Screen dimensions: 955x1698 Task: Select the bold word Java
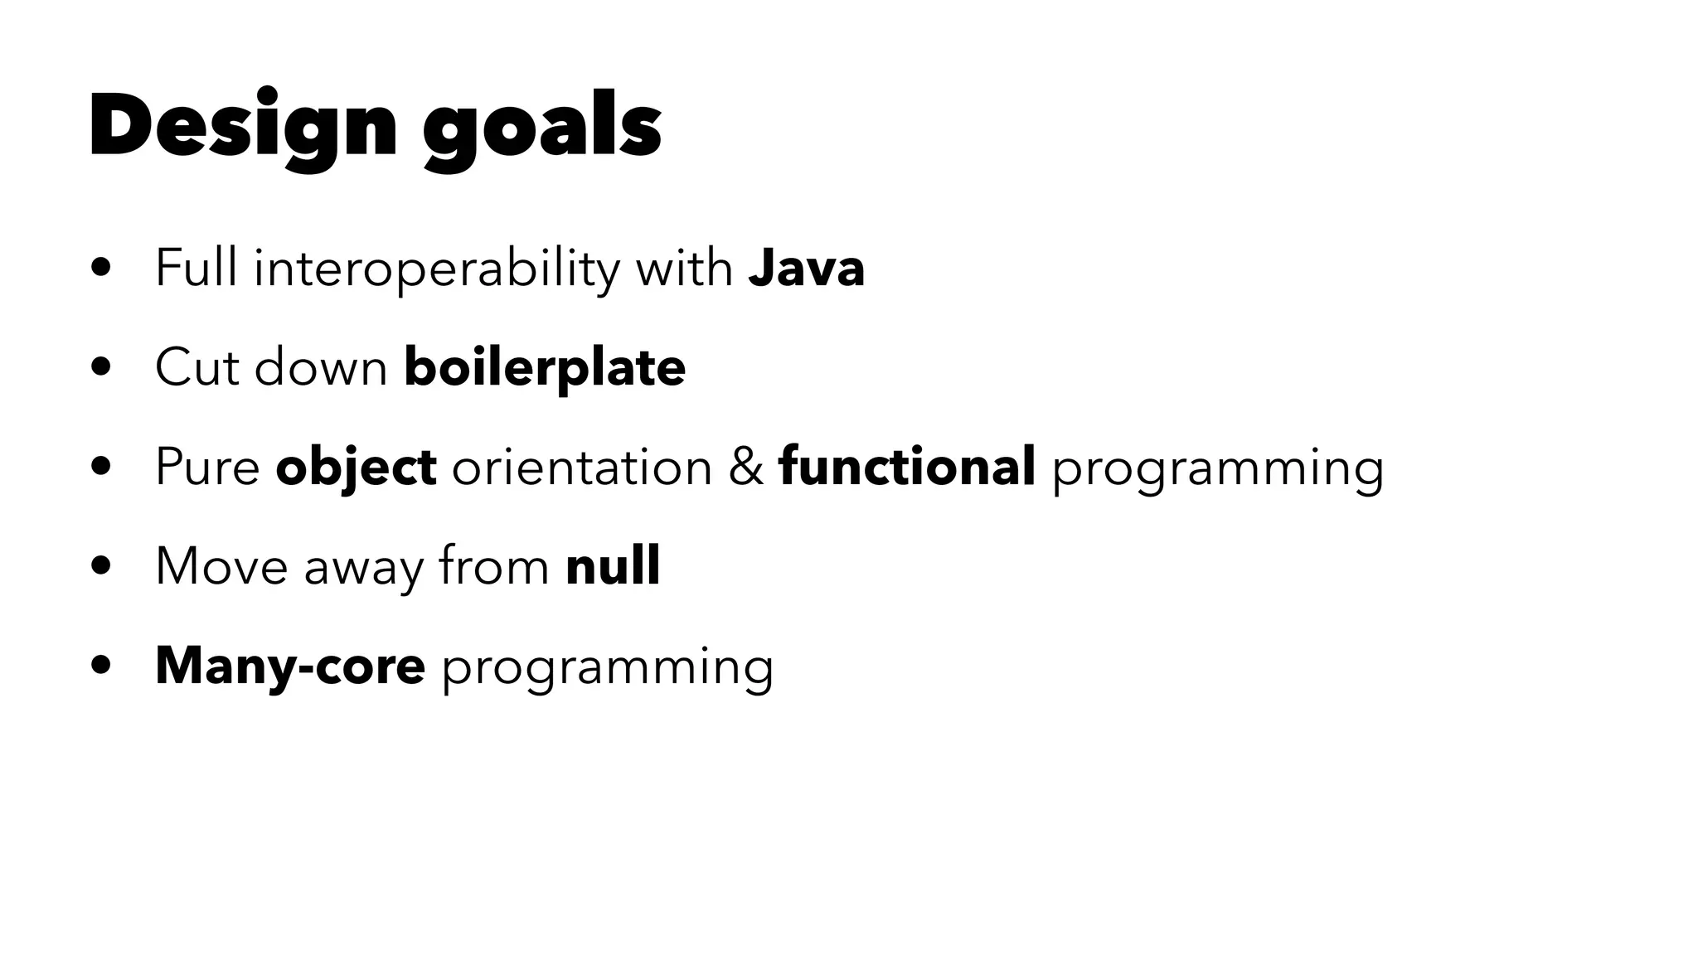coord(806,269)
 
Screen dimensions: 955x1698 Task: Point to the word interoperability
coord(436,269)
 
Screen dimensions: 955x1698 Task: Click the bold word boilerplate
coord(545,367)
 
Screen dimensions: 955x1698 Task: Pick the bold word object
coord(356,468)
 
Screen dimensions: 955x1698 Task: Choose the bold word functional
coord(907,466)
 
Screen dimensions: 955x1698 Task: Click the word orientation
coord(582,467)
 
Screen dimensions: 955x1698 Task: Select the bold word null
coord(613,566)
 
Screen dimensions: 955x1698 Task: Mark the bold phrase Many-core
coord(290,666)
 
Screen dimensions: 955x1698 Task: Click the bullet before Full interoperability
coord(102,269)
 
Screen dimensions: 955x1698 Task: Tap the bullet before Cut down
coord(102,368)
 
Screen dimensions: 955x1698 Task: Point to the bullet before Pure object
coord(102,468)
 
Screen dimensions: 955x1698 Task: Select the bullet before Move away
coord(102,567)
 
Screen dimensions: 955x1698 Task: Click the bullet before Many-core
coord(102,667)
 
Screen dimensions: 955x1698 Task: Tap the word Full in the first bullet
coord(196,269)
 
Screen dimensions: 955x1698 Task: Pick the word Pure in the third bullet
coord(207,467)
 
